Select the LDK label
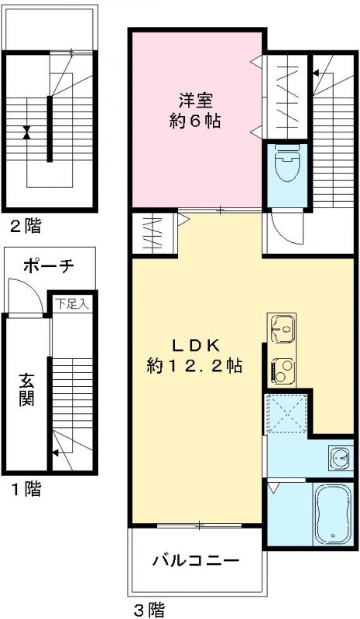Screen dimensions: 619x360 (x=194, y=345)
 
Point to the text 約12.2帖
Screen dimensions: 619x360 (x=194, y=366)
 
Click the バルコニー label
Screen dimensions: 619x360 (x=194, y=559)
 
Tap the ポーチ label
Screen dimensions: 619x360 (x=48, y=266)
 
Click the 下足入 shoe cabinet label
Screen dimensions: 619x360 (x=71, y=304)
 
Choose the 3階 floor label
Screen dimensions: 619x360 (x=148, y=610)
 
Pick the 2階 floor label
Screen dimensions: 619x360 (x=25, y=226)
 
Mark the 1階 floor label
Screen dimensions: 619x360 (x=25, y=489)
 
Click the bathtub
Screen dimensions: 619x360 (x=332, y=514)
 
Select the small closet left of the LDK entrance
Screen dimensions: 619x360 (x=153, y=233)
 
